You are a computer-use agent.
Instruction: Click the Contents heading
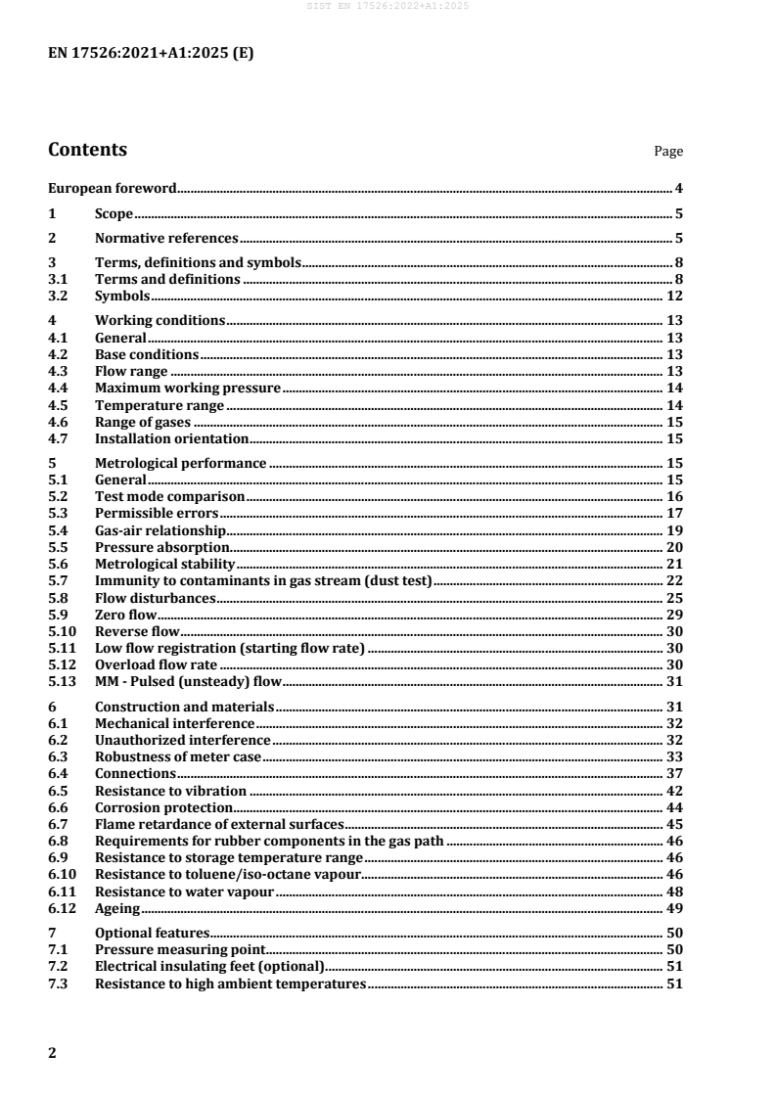point(87,150)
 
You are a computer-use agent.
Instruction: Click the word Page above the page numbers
point(668,152)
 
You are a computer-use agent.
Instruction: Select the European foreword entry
point(113,188)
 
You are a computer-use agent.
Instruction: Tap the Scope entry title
point(114,213)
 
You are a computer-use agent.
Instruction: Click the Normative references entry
point(166,238)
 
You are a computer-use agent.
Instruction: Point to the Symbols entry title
point(122,296)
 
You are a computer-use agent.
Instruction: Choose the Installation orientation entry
point(171,439)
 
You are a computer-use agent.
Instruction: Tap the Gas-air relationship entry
point(160,529)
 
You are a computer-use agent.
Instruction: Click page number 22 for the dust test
point(674,582)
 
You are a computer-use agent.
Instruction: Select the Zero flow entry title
point(126,615)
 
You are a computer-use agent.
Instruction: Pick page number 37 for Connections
point(674,773)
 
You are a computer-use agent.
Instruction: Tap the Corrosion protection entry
point(163,807)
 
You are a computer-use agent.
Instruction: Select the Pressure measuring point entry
point(180,949)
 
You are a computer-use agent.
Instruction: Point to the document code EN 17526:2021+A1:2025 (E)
point(151,55)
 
